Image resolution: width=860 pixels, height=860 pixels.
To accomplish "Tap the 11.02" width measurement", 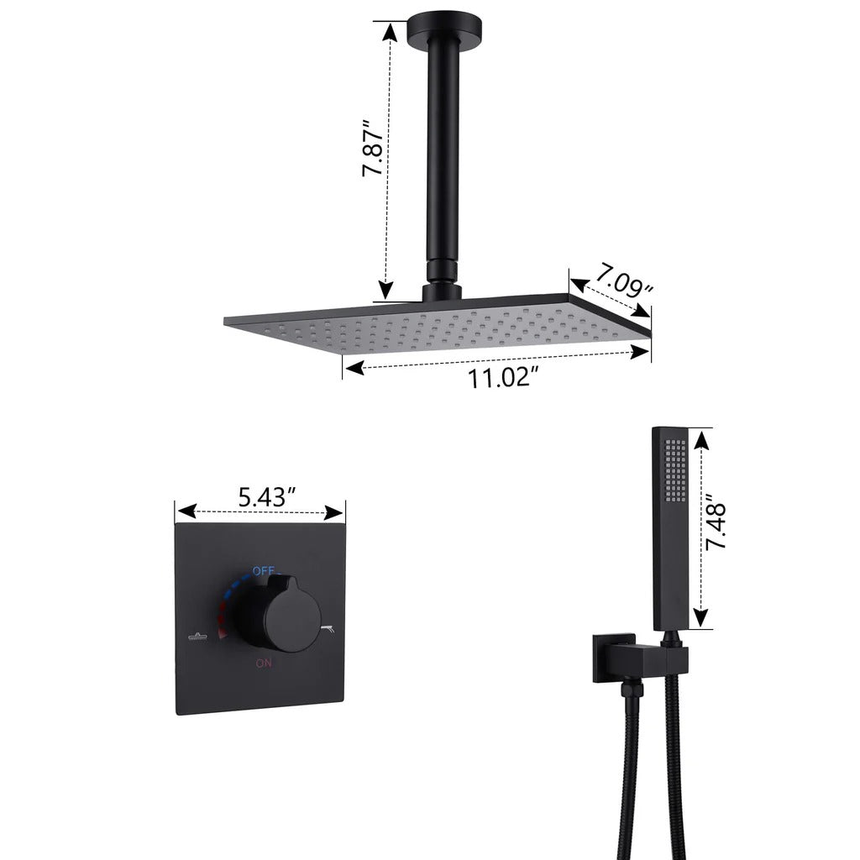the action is (x=500, y=378).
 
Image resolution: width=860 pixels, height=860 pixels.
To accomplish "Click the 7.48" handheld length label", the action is (x=716, y=522).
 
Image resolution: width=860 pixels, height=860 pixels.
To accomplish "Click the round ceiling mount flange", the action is (x=444, y=29).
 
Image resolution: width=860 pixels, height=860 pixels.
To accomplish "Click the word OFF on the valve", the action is (x=264, y=571).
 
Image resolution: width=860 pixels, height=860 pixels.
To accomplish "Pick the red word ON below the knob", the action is (x=264, y=663).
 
